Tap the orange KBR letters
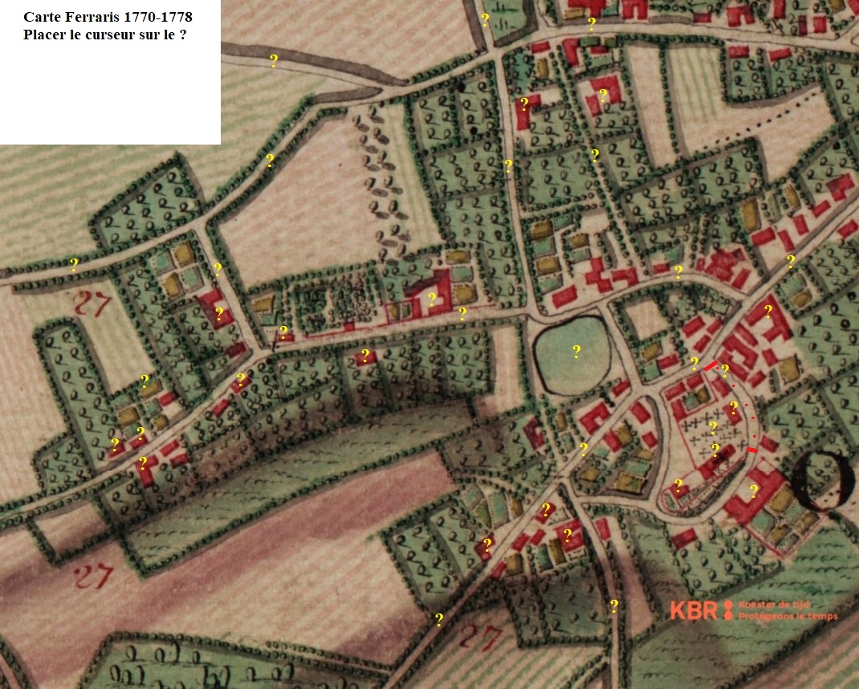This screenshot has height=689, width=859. pyautogui.click(x=694, y=611)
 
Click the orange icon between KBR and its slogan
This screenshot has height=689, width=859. pyautogui.click(x=728, y=611)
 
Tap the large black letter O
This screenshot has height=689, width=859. pyautogui.click(x=823, y=481)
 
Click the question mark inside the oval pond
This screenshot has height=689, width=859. pyautogui.click(x=576, y=351)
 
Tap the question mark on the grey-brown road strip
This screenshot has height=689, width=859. pyautogui.click(x=274, y=60)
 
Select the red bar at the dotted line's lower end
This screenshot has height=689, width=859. pyautogui.click(x=752, y=450)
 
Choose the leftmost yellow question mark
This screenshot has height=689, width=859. pyautogui.click(x=74, y=264)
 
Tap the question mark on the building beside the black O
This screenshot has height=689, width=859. pyautogui.click(x=754, y=491)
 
